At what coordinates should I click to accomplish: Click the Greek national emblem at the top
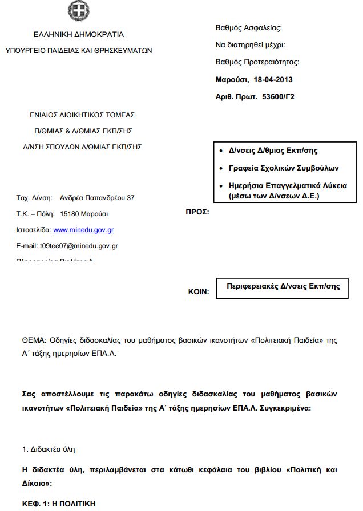point(79,10)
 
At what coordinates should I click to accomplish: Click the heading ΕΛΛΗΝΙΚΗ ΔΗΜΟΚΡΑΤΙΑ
point(79,34)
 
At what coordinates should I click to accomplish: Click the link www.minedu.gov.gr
point(83,230)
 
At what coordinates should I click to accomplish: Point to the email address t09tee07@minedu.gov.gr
point(78,246)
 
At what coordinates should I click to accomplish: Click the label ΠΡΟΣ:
point(197,212)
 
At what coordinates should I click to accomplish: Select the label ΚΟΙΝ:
point(199,291)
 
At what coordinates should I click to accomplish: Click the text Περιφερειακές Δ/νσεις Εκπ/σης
point(283,286)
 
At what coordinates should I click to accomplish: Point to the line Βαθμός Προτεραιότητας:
point(257,62)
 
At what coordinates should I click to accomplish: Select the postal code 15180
point(68,214)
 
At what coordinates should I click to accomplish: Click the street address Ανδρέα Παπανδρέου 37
point(97,198)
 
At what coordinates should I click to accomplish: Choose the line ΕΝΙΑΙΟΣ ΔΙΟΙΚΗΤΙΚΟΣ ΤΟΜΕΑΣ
point(82,115)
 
